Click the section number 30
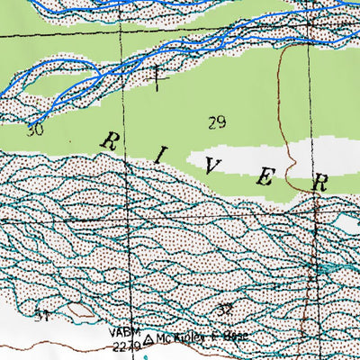(x=34, y=130)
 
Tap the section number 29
(x=216, y=122)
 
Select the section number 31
(x=41, y=314)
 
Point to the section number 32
(x=225, y=310)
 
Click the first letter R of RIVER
(x=112, y=141)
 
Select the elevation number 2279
(x=125, y=343)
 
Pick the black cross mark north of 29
(x=160, y=77)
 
